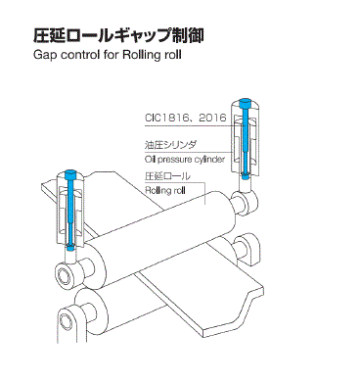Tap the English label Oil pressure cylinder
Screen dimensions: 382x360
(186, 156)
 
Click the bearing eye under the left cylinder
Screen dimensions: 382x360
(70, 263)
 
